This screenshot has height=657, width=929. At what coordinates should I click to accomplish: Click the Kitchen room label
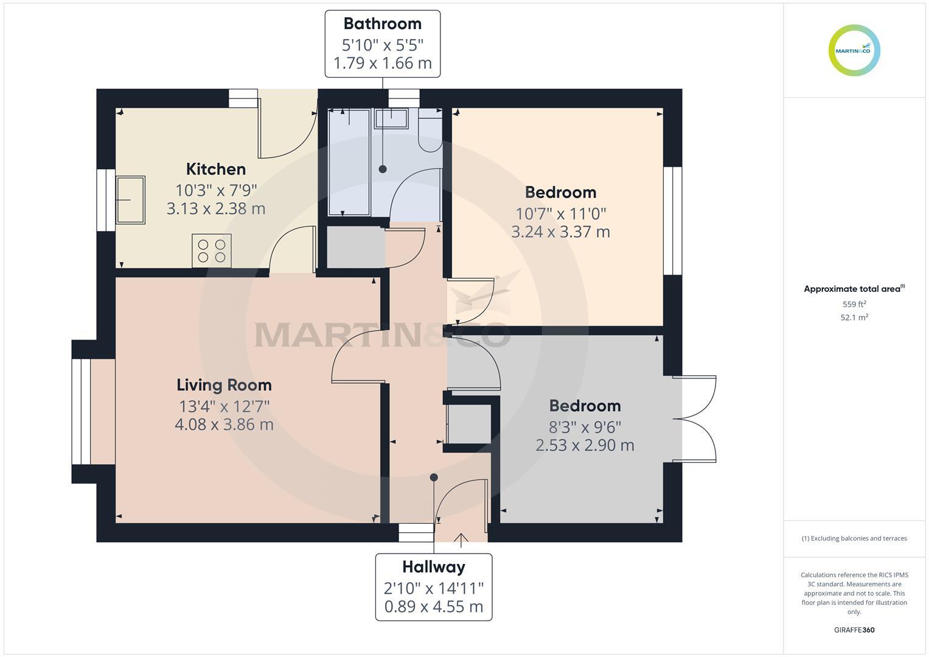click(215, 169)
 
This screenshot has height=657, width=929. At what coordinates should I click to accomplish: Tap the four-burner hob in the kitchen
click(211, 251)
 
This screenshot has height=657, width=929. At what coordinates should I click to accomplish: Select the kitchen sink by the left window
click(130, 200)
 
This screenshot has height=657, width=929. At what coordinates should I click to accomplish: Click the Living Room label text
click(224, 385)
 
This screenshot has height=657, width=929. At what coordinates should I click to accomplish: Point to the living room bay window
click(81, 412)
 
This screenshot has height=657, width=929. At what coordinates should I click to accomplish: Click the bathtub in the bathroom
click(349, 162)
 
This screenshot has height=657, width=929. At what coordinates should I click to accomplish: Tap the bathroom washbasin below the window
click(391, 119)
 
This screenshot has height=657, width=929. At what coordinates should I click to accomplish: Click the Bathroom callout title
click(382, 24)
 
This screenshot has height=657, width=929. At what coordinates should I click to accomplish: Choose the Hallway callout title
click(433, 567)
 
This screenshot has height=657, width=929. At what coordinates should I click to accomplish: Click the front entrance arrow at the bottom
click(461, 538)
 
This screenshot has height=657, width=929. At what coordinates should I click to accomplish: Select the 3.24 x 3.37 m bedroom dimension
click(560, 232)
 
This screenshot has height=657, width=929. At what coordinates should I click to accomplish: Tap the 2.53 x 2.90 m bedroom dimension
click(585, 445)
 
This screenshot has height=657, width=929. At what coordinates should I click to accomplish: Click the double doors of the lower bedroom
click(695, 419)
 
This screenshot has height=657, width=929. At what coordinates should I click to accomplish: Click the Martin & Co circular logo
click(854, 50)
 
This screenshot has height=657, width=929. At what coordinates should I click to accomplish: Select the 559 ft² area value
click(854, 304)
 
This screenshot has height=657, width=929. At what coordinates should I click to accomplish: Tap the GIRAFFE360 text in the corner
click(854, 630)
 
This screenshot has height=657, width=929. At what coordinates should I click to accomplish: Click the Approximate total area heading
click(854, 289)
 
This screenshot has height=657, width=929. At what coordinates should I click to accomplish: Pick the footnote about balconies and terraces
click(854, 538)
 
